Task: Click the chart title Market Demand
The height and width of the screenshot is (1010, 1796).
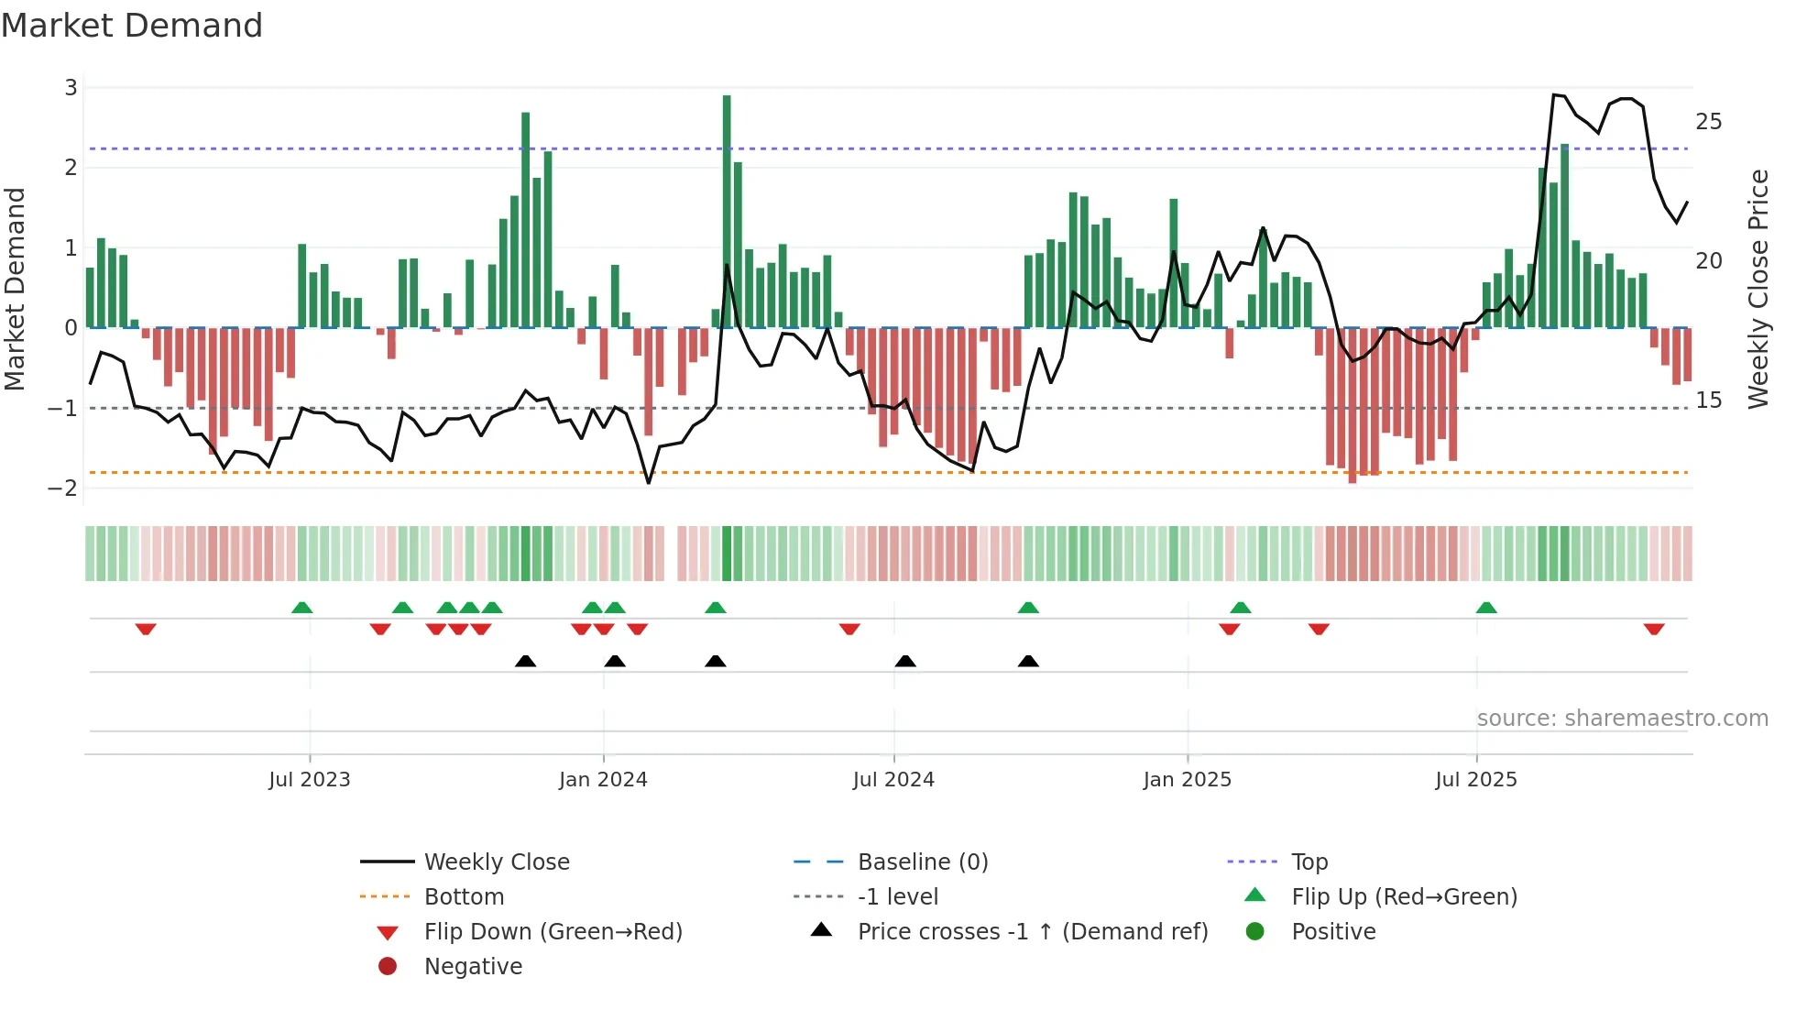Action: (132, 26)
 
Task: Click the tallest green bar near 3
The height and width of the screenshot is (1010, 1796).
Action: (727, 211)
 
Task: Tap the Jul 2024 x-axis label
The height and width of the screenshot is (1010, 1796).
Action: (893, 780)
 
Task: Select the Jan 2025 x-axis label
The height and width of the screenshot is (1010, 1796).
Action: (1187, 780)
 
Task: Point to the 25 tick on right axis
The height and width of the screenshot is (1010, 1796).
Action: (1708, 122)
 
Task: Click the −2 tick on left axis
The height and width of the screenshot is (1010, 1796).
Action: (62, 488)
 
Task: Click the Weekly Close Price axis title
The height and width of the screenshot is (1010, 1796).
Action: (1758, 289)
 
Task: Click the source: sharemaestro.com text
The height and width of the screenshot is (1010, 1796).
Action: (1622, 718)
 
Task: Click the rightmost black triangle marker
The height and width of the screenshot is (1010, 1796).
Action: (1028, 661)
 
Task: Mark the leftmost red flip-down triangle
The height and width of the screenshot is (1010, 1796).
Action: (146, 629)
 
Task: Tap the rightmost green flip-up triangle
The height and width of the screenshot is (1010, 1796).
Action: (1486, 608)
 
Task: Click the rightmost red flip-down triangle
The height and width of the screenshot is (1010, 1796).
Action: (1654, 629)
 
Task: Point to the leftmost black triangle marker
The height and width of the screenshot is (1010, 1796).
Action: (525, 661)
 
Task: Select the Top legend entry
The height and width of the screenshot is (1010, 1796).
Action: (1309, 862)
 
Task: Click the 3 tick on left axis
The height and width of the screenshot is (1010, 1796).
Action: (71, 88)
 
